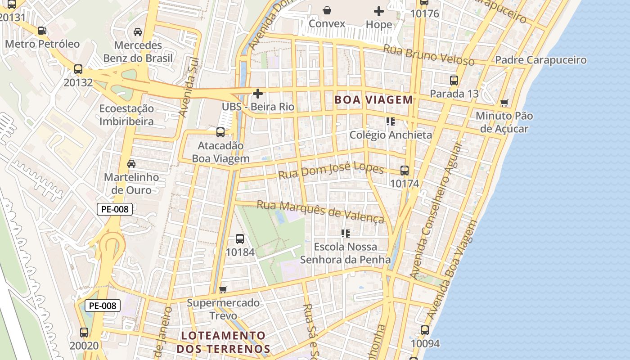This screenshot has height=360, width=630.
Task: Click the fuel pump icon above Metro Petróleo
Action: pos(42,31)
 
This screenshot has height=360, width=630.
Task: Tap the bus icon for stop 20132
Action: pos(78,69)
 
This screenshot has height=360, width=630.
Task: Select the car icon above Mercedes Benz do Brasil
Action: pos(138,32)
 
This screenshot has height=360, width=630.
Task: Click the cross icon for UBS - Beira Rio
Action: pos(258,94)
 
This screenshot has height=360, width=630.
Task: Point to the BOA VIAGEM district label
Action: pos(373,100)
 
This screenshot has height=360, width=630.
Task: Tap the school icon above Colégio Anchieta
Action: pos(390,121)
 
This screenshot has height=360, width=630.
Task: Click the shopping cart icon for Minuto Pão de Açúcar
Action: pos(504,103)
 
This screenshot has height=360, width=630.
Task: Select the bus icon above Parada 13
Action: pos(454,81)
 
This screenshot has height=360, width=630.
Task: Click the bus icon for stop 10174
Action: pos(405,171)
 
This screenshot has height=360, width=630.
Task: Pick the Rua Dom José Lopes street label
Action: pos(331,171)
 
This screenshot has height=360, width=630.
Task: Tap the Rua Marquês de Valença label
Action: pos(320,211)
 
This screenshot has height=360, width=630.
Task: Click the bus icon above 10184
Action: pos(240,239)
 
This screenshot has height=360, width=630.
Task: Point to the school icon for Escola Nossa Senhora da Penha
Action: pos(346,234)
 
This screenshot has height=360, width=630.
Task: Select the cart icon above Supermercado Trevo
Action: pos(223,289)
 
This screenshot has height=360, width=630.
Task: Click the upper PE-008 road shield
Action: pos(115,209)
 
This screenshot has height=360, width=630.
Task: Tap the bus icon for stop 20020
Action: pos(84,333)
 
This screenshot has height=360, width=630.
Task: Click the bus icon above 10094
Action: pos(425,330)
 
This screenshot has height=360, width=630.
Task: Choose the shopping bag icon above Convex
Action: pos(327,10)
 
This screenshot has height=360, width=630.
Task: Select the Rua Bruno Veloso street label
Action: pos(428,54)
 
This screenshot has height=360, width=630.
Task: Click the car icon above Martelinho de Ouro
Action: pos(131,164)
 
